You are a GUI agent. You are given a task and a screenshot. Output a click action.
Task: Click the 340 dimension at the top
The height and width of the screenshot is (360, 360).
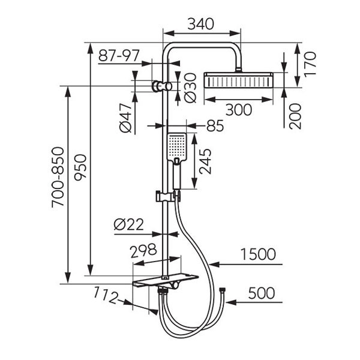coord(200,24)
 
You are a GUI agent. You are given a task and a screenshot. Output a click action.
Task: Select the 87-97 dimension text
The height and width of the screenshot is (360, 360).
coord(119,56)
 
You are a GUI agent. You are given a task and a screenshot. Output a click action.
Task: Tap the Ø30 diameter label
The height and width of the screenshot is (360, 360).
coord(190,88)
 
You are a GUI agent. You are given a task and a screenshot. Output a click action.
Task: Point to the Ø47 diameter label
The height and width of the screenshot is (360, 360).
coord(125,118)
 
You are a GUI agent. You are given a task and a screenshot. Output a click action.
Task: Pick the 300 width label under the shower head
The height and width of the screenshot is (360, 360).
coord(239,110)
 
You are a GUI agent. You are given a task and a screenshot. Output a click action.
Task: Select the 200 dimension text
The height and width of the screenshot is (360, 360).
coord(295,116)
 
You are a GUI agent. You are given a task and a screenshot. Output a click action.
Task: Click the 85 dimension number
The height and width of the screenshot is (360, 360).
coord(215,125)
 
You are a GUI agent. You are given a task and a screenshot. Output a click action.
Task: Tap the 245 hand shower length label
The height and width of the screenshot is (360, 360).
coord(205,161)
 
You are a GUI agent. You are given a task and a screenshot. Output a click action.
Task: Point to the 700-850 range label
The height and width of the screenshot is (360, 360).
coord(58,177)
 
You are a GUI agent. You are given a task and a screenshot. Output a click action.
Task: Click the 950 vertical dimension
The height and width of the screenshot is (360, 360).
coord(80,167)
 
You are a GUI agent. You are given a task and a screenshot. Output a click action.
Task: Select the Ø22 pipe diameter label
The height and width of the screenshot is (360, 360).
coord(128,224)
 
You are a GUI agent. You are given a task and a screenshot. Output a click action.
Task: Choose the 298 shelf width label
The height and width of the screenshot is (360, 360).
coord(143,250)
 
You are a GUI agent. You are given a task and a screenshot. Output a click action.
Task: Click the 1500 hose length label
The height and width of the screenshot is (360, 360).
coord(258,254)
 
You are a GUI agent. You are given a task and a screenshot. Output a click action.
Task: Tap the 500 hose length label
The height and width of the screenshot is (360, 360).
coord(261,293)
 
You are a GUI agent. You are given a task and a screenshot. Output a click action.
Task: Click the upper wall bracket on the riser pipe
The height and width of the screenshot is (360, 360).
coord(162,86)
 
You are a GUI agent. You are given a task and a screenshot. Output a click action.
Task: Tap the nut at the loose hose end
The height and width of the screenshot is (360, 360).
coord(222,290)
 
